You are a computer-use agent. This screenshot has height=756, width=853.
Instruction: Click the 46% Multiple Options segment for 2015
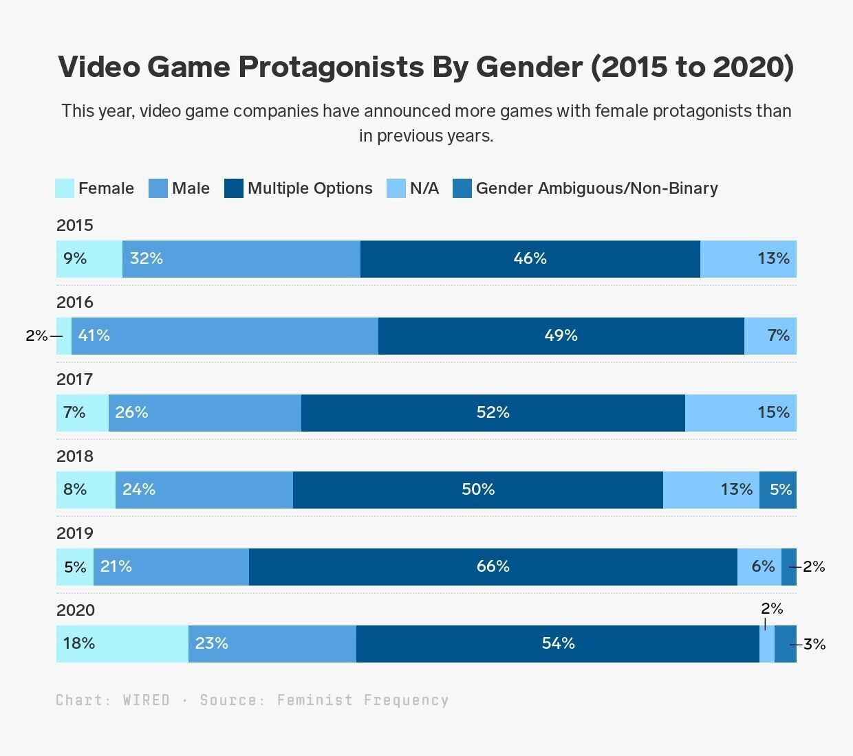[530, 259]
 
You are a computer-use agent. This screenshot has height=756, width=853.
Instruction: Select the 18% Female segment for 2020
[122, 644]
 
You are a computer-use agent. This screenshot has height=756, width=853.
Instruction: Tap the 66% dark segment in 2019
[493, 567]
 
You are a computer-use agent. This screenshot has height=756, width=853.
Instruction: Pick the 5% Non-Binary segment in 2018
[778, 490]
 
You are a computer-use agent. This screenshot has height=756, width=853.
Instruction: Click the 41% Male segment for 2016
[224, 336]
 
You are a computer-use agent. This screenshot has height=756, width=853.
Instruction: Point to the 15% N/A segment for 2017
[741, 413]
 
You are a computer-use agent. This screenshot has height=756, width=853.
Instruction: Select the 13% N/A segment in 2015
[748, 259]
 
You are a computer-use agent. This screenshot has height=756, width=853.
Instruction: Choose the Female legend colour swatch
[65, 188]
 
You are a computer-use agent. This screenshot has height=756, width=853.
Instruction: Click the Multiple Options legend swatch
[234, 188]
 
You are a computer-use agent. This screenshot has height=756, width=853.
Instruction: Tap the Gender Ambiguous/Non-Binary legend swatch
[462, 188]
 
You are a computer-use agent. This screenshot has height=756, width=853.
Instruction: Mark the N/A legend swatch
[396, 188]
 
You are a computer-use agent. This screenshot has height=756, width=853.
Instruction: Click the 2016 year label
[74, 302]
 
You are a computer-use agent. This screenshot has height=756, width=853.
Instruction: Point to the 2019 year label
[74, 533]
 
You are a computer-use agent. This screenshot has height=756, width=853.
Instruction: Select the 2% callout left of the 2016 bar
[36, 336]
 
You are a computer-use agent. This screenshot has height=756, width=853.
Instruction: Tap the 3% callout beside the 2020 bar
[814, 645]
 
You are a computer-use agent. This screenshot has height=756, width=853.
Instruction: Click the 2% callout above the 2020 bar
[772, 609]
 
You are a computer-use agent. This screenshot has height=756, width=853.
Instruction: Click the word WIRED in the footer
[146, 700]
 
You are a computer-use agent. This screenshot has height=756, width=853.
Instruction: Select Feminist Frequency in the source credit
[363, 700]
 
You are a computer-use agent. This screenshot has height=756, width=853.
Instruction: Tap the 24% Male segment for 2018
[204, 490]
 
